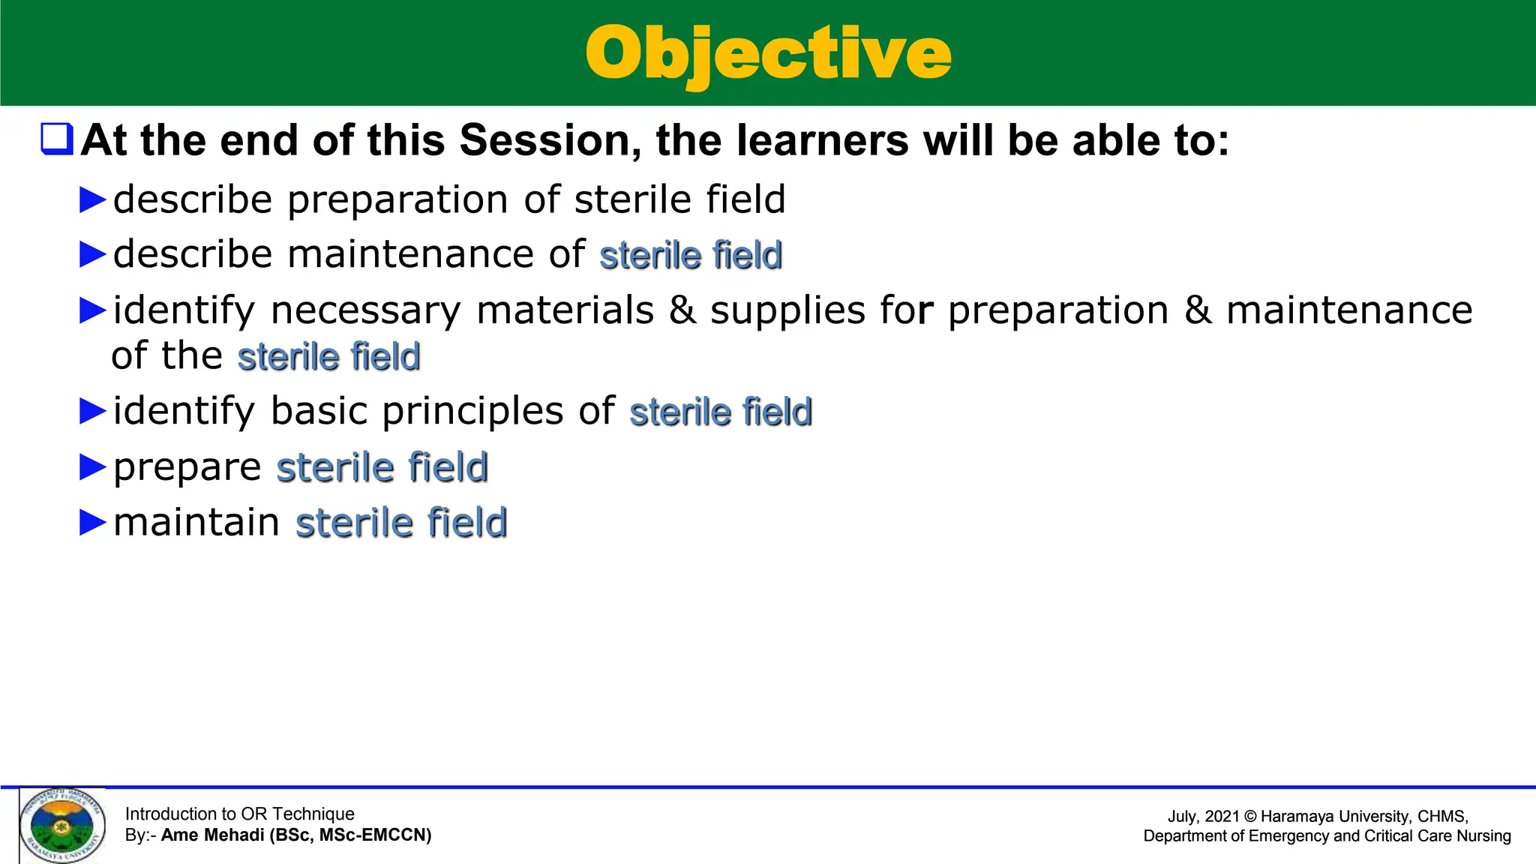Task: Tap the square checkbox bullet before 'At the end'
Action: (x=57, y=139)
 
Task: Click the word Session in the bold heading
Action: (x=545, y=140)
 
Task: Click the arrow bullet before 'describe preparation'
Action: (x=93, y=200)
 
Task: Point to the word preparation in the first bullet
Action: (x=397, y=200)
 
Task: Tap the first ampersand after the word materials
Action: (x=682, y=310)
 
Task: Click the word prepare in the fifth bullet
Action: (x=187, y=468)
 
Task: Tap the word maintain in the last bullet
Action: (x=196, y=522)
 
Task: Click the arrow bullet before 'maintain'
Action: (x=93, y=523)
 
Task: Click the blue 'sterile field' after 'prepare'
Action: (x=382, y=467)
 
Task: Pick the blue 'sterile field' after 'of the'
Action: (x=328, y=357)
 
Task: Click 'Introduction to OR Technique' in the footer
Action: (x=239, y=814)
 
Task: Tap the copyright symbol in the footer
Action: (x=1249, y=817)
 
